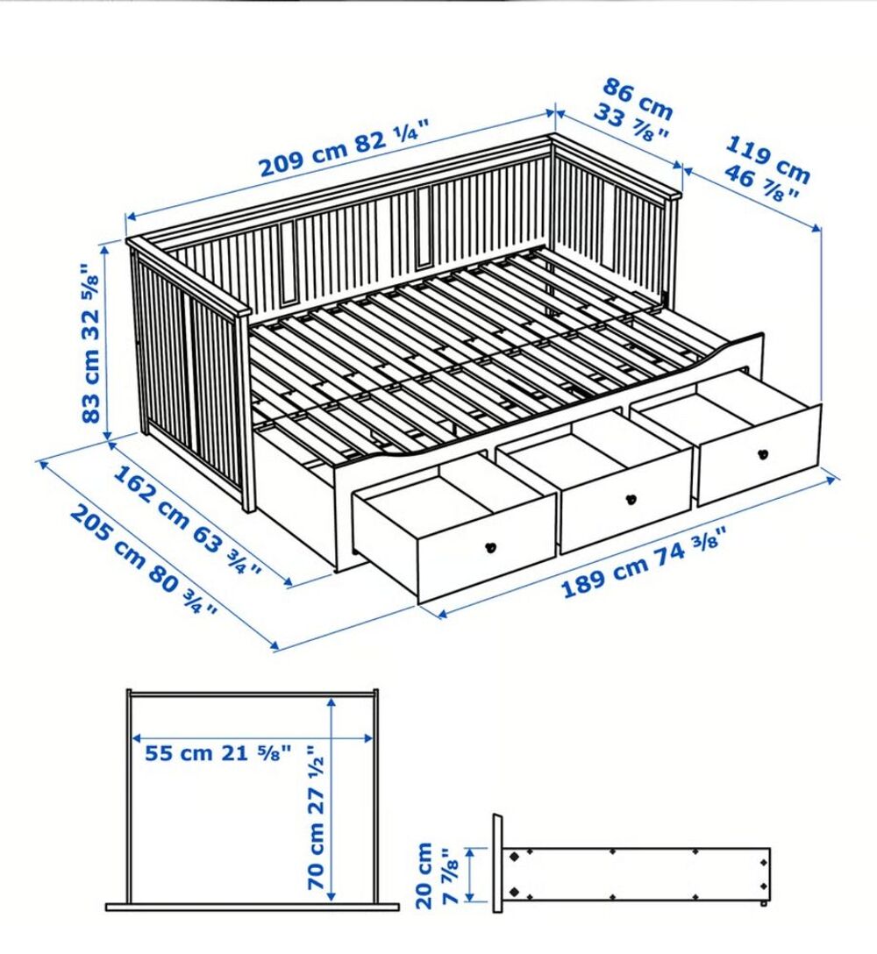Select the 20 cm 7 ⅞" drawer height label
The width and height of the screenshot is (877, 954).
pos(436,873)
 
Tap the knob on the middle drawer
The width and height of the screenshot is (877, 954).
pos(629,500)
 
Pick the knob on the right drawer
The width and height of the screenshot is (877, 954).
pos(761,454)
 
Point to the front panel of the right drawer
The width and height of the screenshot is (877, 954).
pos(759,456)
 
